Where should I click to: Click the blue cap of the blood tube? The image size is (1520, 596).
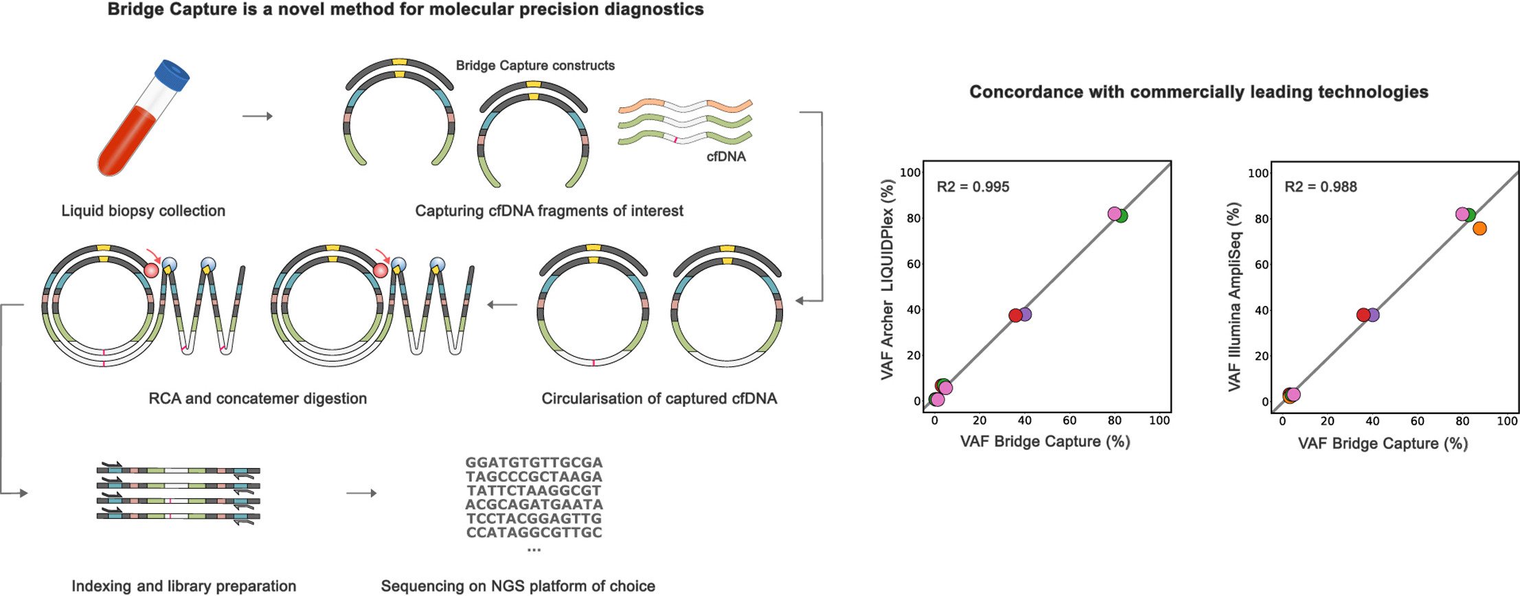(x=172, y=75)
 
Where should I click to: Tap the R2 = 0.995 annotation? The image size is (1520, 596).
(x=973, y=187)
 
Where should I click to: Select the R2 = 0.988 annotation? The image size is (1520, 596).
(x=1320, y=187)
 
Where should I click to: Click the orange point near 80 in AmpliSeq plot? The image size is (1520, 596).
(x=1479, y=228)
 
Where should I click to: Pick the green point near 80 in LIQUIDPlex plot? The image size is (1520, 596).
(x=1121, y=216)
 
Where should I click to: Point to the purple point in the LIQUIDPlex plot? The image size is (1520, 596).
(x=1025, y=314)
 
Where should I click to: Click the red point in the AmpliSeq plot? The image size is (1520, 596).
(x=1363, y=315)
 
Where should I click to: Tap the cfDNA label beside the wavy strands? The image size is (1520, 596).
(x=726, y=157)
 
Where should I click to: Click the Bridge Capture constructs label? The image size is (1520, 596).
(x=535, y=65)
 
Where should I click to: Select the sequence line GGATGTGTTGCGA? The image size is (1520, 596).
(x=534, y=463)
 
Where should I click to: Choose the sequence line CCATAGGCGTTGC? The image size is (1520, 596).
(x=534, y=532)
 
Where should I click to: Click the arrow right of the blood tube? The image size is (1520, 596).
(x=258, y=116)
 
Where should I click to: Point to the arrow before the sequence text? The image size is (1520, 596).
(x=361, y=493)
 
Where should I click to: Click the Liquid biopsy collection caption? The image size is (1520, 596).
(x=143, y=211)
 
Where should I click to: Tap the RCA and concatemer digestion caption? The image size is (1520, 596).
(x=258, y=399)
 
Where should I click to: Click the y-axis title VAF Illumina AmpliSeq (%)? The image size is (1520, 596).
(x=1234, y=297)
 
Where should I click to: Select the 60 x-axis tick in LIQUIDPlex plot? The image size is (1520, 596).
(x=1069, y=421)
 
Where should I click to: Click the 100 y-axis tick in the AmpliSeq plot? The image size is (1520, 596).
(x=1258, y=173)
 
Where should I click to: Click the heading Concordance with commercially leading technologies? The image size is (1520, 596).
(x=1199, y=92)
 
